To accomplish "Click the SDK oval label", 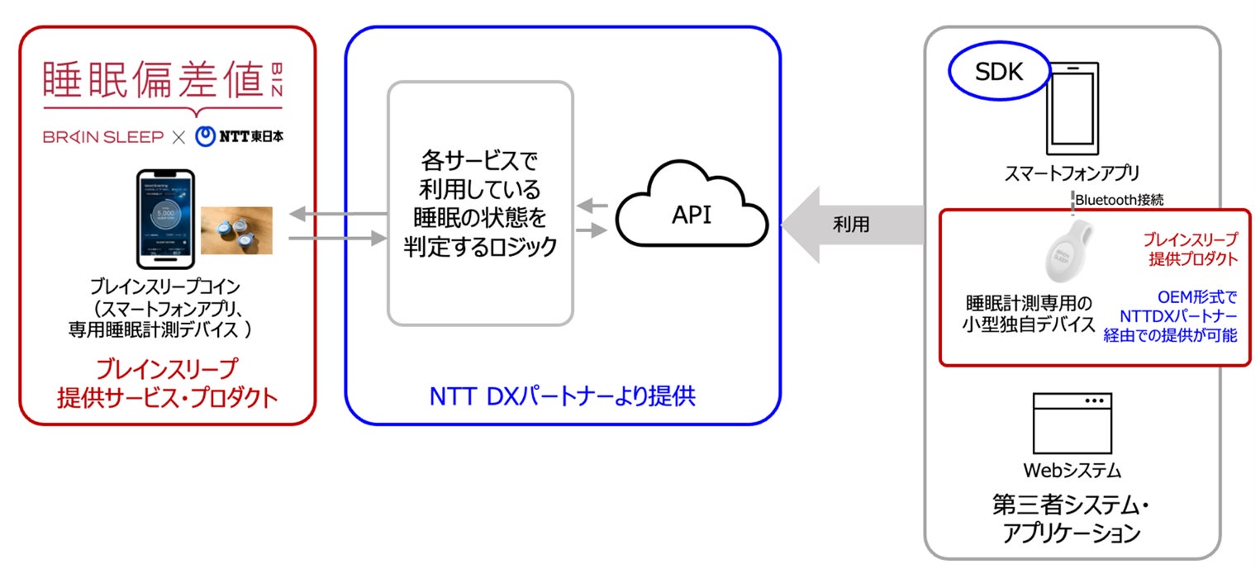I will click(x=999, y=73).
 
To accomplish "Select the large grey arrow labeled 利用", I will click(x=851, y=225).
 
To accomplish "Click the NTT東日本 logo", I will click(x=239, y=136).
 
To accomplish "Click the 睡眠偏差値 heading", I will click(x=157, y=82).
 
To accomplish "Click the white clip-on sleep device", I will click(x=1072, y=253).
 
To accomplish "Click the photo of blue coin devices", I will click(x=236, y=230).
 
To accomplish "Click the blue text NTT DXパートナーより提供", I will click(x=562, y=396).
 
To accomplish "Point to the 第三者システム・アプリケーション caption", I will click(x=1072, y=519).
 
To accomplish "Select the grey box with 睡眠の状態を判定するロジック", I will click(x=480, y=202).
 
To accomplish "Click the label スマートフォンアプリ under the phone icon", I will click(x=1072, y=173).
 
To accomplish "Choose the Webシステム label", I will click(x=1072, y=471).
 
